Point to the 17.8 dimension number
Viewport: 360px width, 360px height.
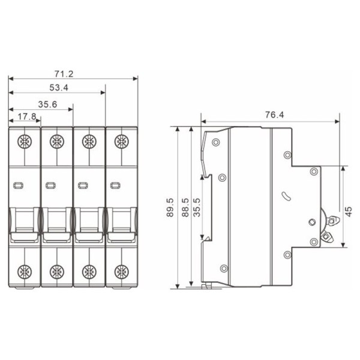point(26,117)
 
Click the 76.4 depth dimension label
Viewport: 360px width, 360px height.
point(274,115)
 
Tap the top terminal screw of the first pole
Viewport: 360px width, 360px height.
point(24,142)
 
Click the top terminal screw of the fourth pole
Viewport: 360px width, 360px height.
point(121,142)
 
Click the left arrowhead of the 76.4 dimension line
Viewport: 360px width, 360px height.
point(204,122)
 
